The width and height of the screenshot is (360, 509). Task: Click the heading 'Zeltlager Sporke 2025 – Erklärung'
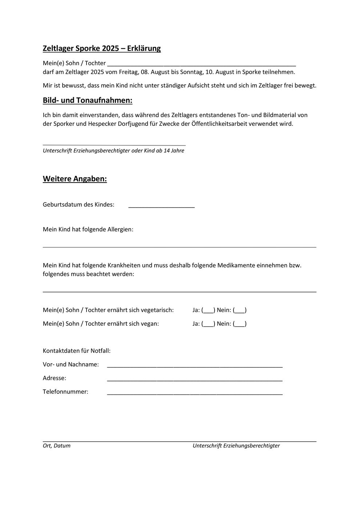tap(102, 48)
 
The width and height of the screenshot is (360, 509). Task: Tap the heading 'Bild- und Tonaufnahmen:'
tap(88, 100)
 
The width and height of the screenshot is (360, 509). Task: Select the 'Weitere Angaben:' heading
tap(75, 179)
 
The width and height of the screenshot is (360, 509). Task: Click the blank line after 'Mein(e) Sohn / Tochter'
tap(201, 63)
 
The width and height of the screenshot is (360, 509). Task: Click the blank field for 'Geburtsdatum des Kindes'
tap(161, 205)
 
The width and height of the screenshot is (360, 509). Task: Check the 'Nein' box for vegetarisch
tap(240, 310)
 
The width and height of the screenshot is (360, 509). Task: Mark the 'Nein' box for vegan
tap(240, 324)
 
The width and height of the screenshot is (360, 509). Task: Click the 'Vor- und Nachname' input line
tap(195, 364)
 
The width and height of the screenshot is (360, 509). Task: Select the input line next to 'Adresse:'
tap(195, 378)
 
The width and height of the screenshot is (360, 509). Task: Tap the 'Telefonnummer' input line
tap(195, 392)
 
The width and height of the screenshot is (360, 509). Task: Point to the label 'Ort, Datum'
tap(57, 446)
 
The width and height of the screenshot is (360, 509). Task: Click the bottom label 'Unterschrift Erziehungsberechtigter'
tap(236, 446)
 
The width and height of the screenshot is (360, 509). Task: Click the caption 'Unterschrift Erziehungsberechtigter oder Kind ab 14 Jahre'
tap(113, 151)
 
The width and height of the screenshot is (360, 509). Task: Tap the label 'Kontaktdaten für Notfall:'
tap(77, 351)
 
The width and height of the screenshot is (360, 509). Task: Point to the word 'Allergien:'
tap(120, 229)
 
